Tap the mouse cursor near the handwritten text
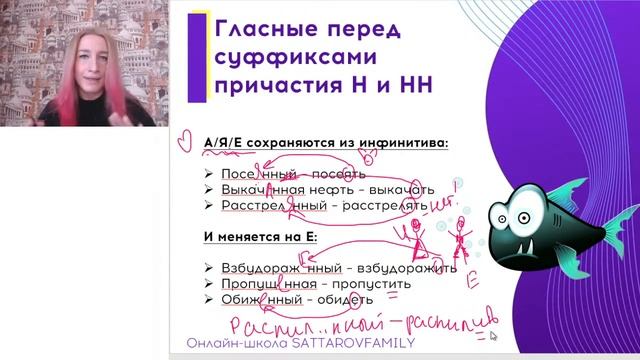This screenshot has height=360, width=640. (x=492, y=337)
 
